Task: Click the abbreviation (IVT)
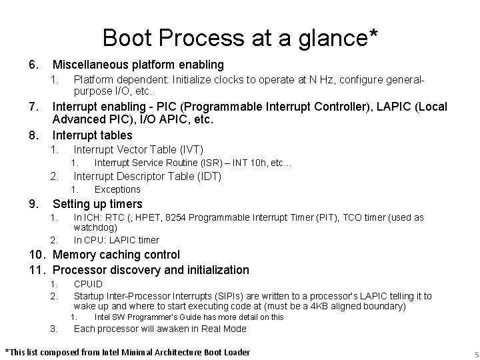[x=187, y=149]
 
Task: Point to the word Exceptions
[x=117, y=190]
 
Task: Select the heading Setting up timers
[x=97, y=204]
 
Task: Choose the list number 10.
[x=36, y=255]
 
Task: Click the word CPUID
[x=88, y=284]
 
